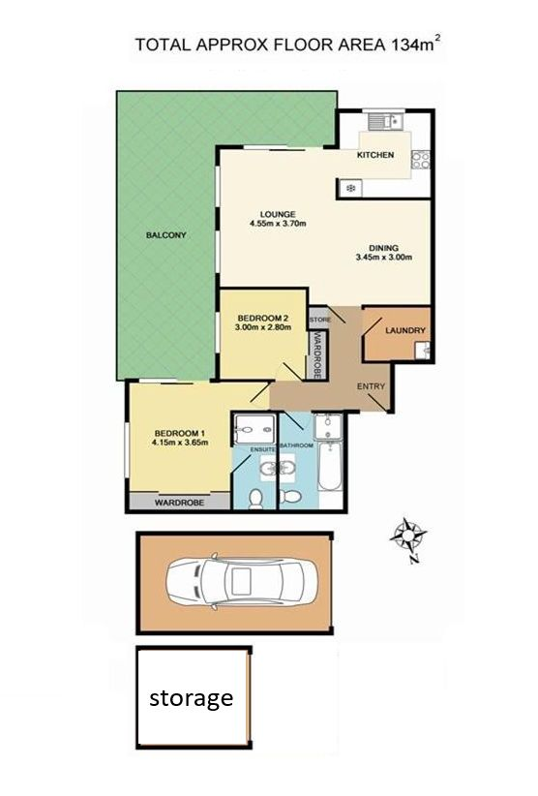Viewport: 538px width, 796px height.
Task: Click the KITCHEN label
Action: click(x=375, y=155)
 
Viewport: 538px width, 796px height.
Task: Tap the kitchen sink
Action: click(x=385, y=122)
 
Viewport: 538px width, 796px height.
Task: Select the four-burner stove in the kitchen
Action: click(x=421, y=161)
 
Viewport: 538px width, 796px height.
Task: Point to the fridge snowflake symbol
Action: click(x=350, y=189)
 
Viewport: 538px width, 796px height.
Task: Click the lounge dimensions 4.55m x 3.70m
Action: click(x=278, y=223)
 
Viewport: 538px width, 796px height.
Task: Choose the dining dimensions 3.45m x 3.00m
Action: click(x=384, y=257)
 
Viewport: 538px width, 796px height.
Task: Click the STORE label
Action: click(x=320, y=320)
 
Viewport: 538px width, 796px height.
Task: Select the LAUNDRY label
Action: click(x=405, y=330)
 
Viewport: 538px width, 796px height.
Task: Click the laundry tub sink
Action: click(x=422, y=351)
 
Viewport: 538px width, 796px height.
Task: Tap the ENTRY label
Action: click(x=372, y=386)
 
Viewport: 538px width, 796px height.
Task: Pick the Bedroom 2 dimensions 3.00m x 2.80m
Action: click(x=263, y=327)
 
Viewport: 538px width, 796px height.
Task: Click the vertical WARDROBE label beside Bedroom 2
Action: click(x=318, y=354)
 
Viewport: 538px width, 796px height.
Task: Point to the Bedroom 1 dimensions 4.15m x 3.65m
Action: click(x=180, y=443)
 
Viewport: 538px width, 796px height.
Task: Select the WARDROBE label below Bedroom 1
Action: click(x=180, y=503)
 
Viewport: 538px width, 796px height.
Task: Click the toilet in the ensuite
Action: click(x=256, y=498)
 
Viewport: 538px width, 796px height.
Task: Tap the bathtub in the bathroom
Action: click(x=330, y=466)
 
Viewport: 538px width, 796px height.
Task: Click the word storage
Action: click(x=192, y=698)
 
